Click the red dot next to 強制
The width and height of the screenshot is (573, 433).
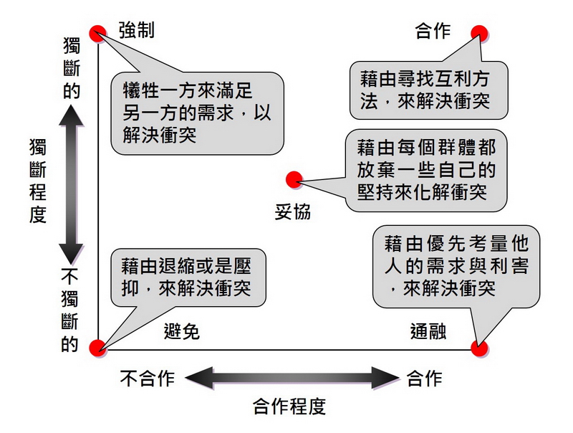pyautogui.click(x=97, y=32)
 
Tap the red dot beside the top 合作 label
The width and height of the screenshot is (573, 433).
pyautogui.click(x=479, y=32)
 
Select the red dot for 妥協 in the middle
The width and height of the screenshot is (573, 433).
pyautogui.click(x=292, y=179)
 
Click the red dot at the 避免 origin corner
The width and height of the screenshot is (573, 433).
pyautogui.click(x=97, y=348)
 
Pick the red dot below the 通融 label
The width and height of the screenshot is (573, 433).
pyautogui.click(x=479, y=348)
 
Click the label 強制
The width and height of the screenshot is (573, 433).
pyautogui.click(x=137, y=31)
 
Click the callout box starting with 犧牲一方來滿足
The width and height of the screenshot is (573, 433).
pyautogui.click(x=197, y=113)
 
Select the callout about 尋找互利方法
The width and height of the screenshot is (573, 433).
pyautogui.click(x=428, y=90)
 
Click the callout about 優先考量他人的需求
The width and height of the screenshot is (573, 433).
pyautogui.click(x=456, y=266)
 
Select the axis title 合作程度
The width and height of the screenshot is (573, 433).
pyautogui.click(x=289, y=407)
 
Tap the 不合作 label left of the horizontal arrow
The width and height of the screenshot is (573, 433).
pyautogui.click(x=148, y=378)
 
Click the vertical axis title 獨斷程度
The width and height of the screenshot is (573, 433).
pyautogui.click(x=37, y=181)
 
